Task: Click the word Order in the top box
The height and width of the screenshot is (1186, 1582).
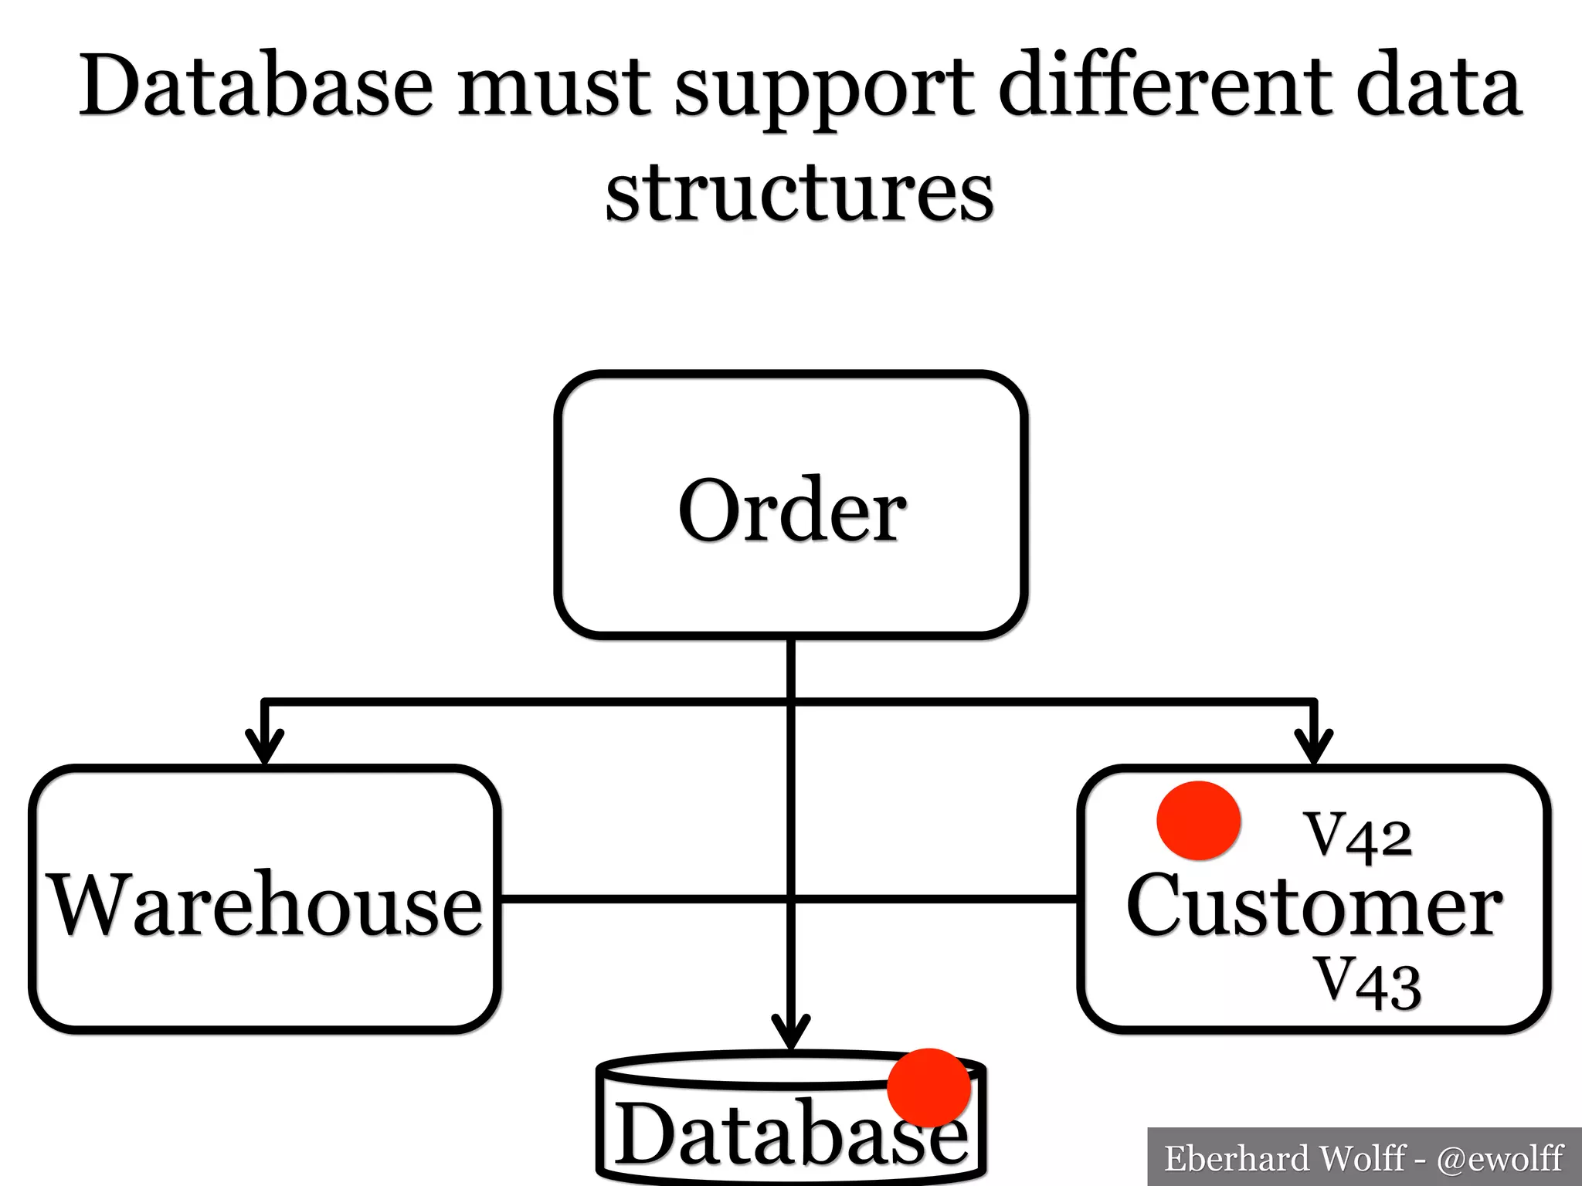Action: pyautogui.click(x=792, y=511)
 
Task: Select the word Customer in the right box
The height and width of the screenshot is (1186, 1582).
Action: pyautogui.click(x=1314, y=905)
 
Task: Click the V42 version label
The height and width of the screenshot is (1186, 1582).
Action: pyautogui.click(x=1357, y=835)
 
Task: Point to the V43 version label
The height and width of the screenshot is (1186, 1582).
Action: pyautogui.click(x=1368, y=982)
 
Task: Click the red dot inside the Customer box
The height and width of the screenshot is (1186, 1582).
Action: pyautogui.click(x=1198, y=821)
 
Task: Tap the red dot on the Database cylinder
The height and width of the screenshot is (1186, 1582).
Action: pyautogui.click(x=928, y=1087)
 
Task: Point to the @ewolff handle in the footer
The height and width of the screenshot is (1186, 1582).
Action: pyautogui.click(x=1499, y=1159)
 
